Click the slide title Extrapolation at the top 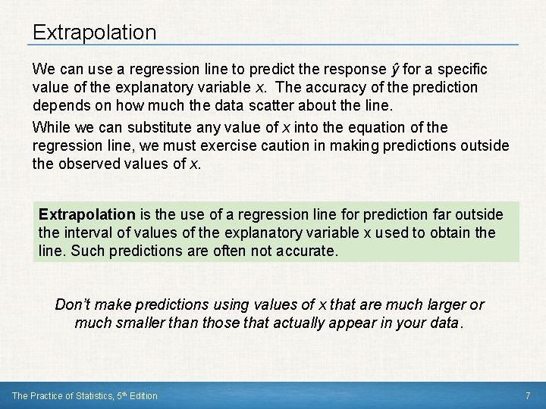point(94,33)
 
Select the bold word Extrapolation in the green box point(86,214)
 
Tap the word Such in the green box point(84,251)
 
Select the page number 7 point(528,395)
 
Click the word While point(49,127)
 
